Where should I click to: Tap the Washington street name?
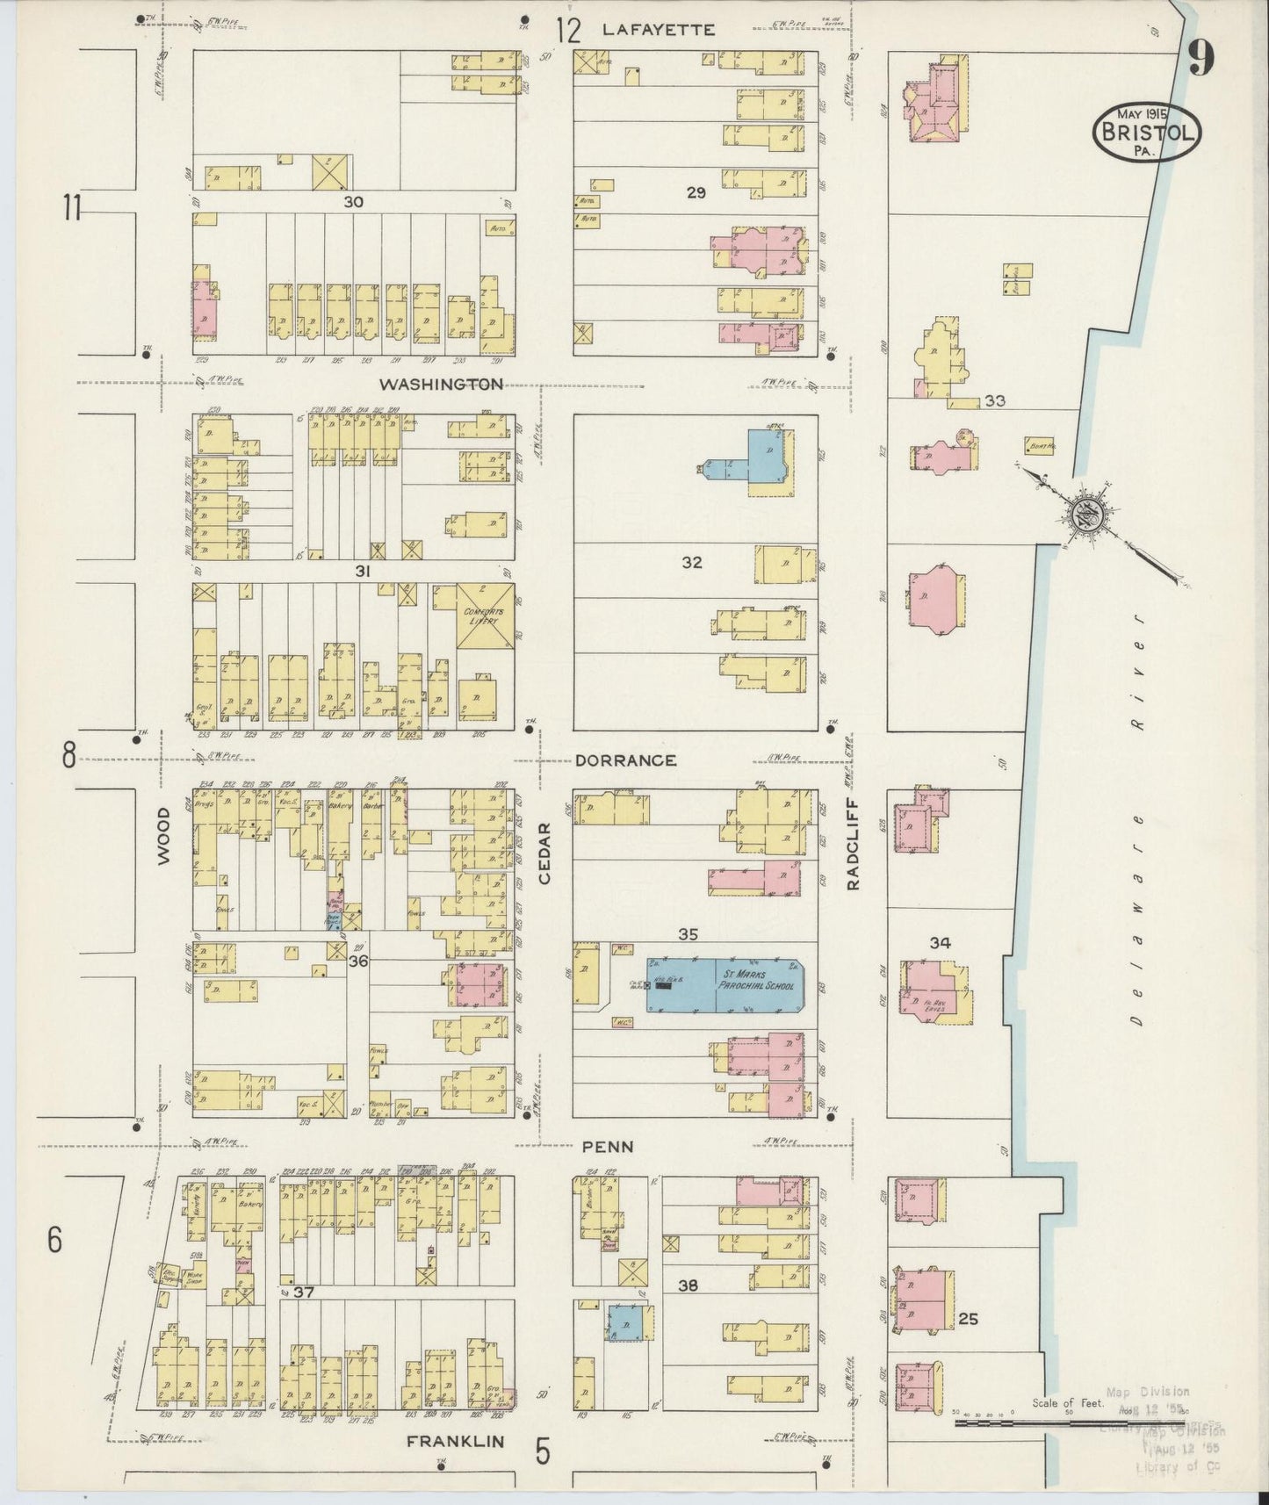(x=442, y=384)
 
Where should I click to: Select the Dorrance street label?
(x=625, y=760)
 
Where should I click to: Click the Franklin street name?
(x=456, y=1442)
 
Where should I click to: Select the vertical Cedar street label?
(x=544, y=852)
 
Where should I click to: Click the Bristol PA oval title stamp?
(x=1146, y=132)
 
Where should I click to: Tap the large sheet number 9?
(x=1201, y=60)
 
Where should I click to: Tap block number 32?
(x=691, y=562)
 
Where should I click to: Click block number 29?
(x=696, y=192)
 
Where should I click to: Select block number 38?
(x=688, y=1285)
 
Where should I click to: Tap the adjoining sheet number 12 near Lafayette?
(x=568, y=32)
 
